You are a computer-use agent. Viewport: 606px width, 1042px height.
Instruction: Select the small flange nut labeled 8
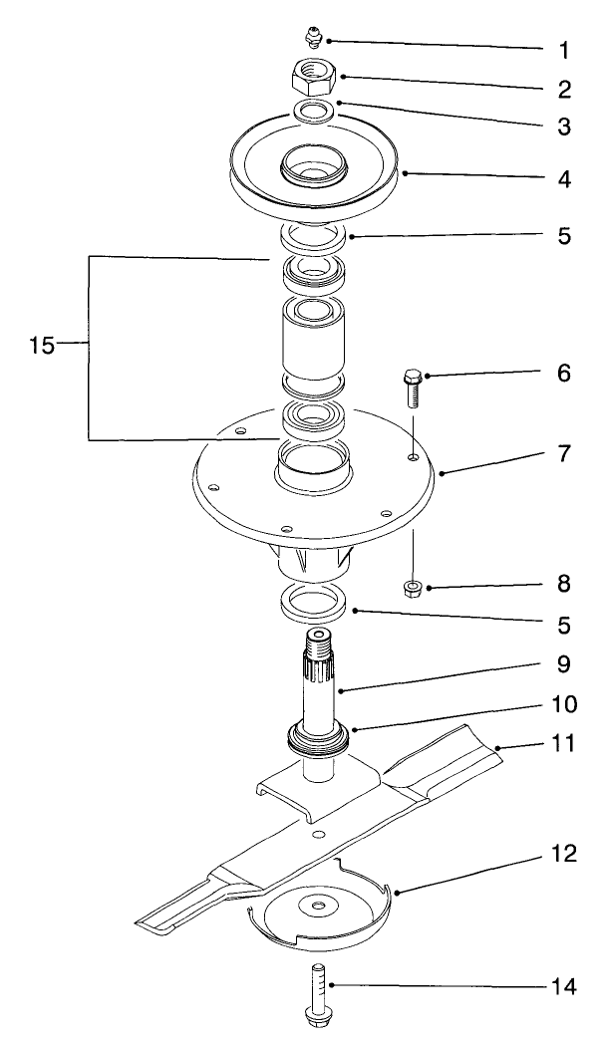[x=412, y=589]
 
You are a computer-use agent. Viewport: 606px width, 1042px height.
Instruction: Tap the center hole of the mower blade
[x=318, y=834]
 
